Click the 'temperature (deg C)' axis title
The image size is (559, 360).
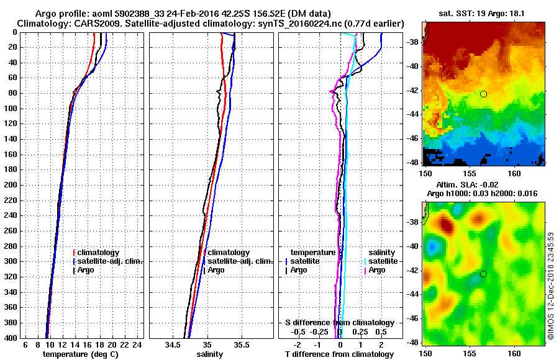click(80, 354)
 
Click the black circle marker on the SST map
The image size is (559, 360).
click(483, 94)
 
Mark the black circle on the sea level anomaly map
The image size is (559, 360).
click(483, 274)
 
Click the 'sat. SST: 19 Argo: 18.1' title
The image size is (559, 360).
click(484, 13)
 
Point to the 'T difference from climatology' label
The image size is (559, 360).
click(340, 354)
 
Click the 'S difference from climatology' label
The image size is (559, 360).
click(340, 323)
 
